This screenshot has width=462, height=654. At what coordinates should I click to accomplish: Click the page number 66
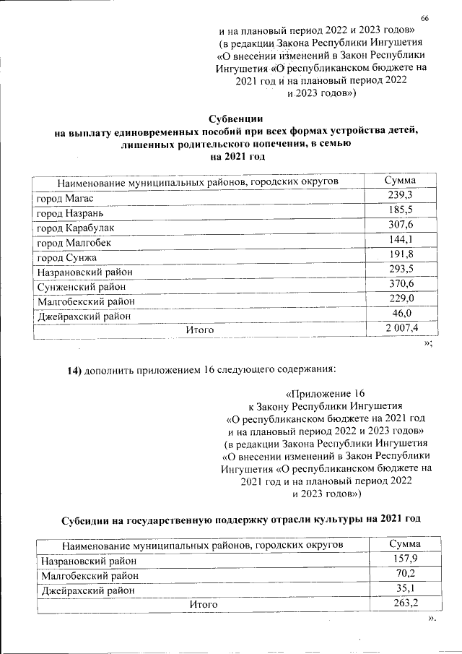click(424, 17)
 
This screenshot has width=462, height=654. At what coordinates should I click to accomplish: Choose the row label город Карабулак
click(75, 228)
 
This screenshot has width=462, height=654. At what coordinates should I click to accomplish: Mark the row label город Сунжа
click(66, 258)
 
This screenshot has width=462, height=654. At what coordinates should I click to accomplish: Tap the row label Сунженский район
click(79, 288)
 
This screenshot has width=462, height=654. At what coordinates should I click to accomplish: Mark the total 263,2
click(404, 603)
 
